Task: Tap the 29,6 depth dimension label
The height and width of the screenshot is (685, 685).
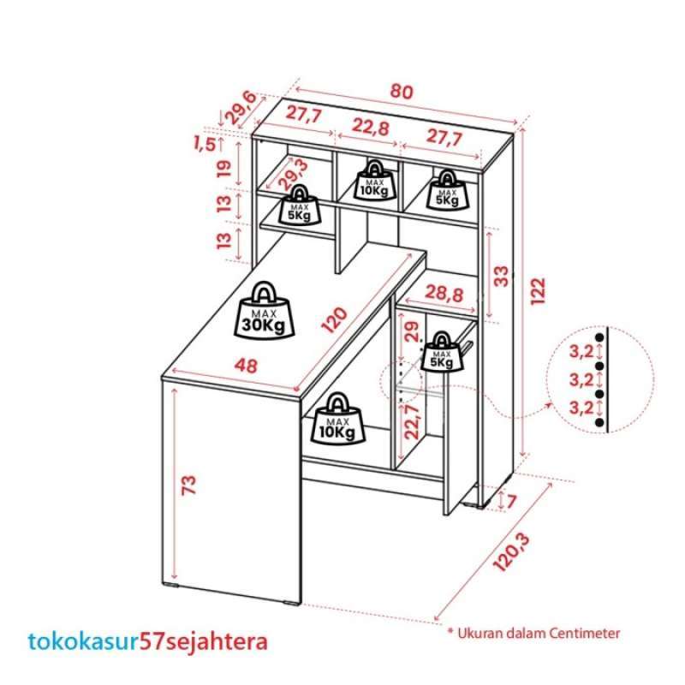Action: click(240, 108)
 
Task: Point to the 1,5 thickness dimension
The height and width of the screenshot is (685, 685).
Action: click(205, 143)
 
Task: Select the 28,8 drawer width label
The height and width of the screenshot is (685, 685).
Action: click(444, 295)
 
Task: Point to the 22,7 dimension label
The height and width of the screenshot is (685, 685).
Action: click(413, 420)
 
